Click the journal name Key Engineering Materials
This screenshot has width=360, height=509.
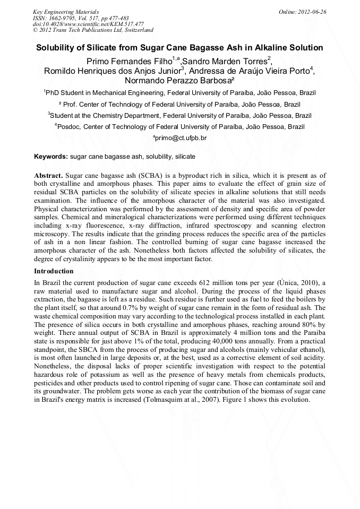pos(66,12)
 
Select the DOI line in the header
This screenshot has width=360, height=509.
pos(88,24)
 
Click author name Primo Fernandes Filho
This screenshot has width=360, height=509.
pos(128,62)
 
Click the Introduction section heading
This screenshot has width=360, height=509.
pos(54,271)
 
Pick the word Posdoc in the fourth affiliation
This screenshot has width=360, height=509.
pos(69,127)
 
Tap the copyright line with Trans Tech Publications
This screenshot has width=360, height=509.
pos(93,30)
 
